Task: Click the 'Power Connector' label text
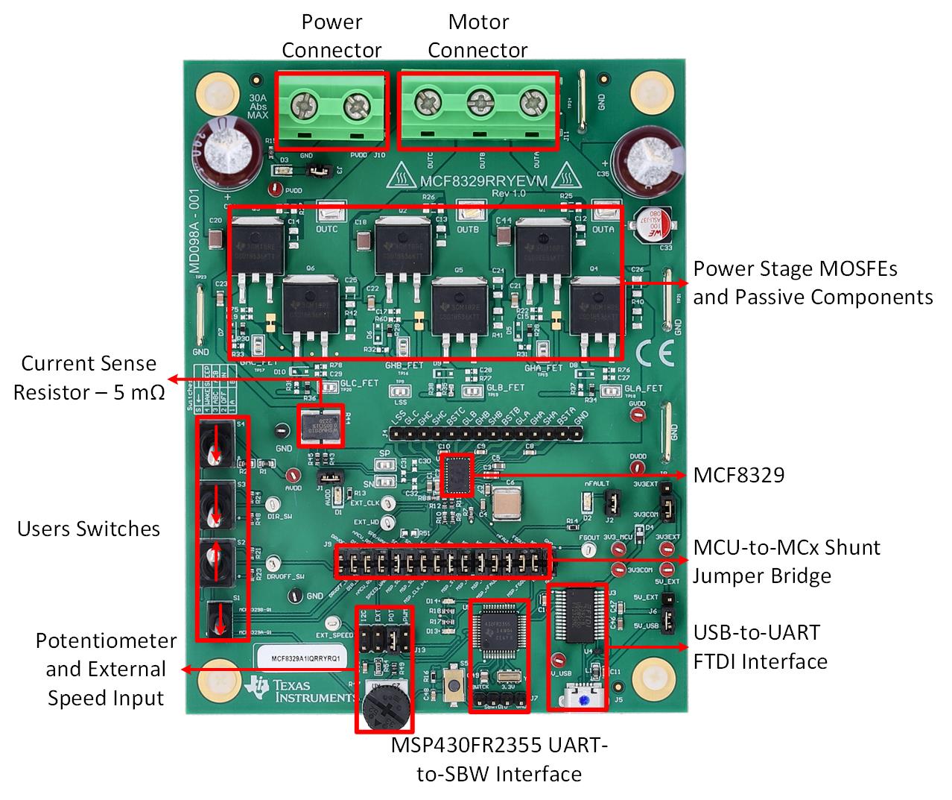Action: coord(331,36)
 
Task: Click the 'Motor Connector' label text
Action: coord(477,36)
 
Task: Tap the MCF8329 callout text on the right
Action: coord(738,475)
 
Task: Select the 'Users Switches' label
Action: coord(89,529)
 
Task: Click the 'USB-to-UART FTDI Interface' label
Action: coord(760,646)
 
